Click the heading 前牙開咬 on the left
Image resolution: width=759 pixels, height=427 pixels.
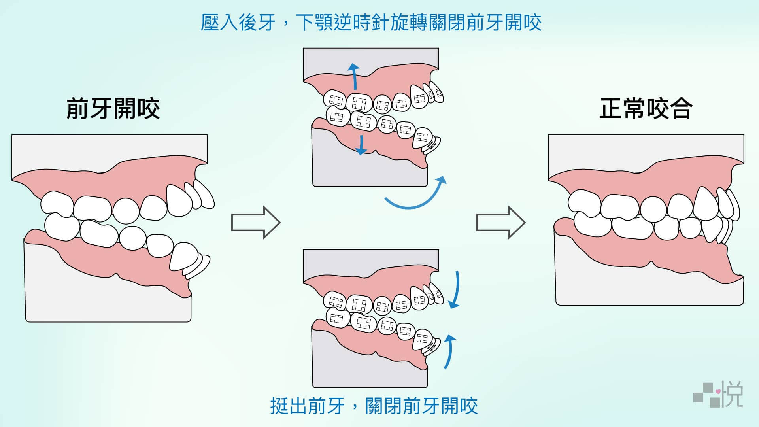pyautogui.click(x=113, y=109)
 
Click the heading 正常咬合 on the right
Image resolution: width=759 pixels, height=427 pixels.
pyautogui.click(x=646, y=109)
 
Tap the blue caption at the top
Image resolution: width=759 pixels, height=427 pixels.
pyautogui.click(x=371, y=23)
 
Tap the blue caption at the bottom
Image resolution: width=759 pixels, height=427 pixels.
pyautogui.click(x=374, y=406)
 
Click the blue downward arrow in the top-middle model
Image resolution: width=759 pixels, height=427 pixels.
pyautogui.click(x=361, y=144)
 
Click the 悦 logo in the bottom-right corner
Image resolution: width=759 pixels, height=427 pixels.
pyautogui.click(x=732, y=394)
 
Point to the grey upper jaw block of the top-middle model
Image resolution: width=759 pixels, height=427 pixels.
pyautogui.click(x=371, y=61)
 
